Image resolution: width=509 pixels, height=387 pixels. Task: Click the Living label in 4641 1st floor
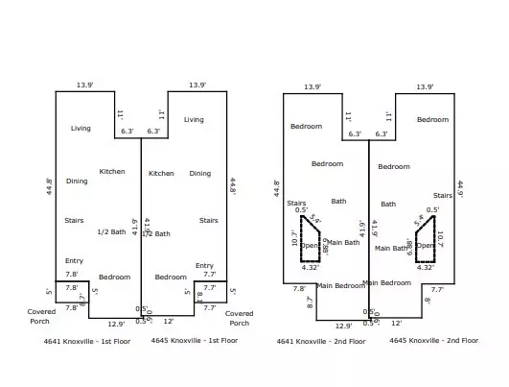tap(81, 127)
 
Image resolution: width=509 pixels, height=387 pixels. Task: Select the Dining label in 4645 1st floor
tap(199, 174)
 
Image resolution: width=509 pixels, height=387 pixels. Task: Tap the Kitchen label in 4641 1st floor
tap(112, 172)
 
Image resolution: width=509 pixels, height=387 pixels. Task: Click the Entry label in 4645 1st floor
tap(204, 265)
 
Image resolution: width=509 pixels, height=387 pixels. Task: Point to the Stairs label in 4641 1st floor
tap(74, 221)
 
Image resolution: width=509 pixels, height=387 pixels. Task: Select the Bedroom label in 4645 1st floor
tap(171, 277)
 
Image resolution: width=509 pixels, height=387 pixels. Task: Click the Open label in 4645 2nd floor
tap(425, 245)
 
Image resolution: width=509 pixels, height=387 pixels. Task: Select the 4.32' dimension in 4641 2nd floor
tap(310, 267)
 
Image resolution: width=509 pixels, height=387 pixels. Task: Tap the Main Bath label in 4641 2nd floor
tap(344, 243)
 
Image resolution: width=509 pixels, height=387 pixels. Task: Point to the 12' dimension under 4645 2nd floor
tap(396, 325)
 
